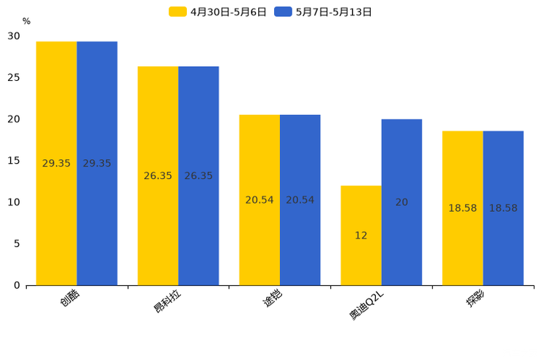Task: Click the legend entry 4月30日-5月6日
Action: coord(218,12)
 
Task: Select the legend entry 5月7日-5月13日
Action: coord(324,12)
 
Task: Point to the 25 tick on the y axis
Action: coord(14,77)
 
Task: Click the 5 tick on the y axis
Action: coord(17,244)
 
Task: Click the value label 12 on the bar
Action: coord(361,235)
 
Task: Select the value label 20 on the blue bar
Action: coord(401,202)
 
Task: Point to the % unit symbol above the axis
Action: coord(26,22)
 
